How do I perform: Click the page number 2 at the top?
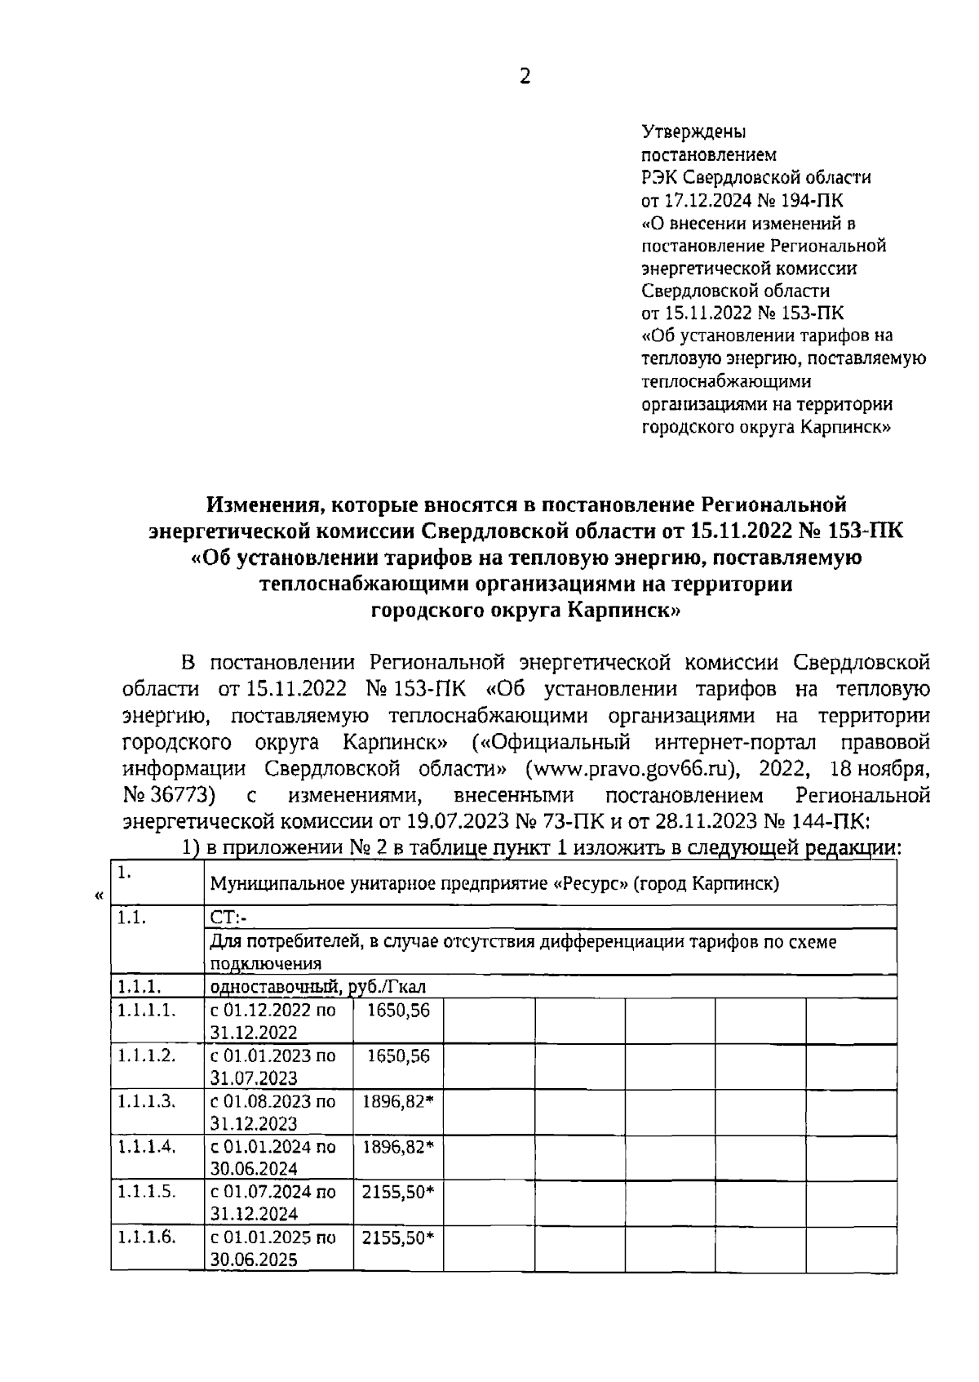tap(525, 77)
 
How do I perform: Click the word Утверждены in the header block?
tap(693, 131)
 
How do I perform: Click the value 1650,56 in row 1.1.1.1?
tap(398, 1011)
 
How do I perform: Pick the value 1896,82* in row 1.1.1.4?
tap(398, 1146)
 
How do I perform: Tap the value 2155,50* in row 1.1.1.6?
tap(398, 1237)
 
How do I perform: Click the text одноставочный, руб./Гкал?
tap(318, 987)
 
